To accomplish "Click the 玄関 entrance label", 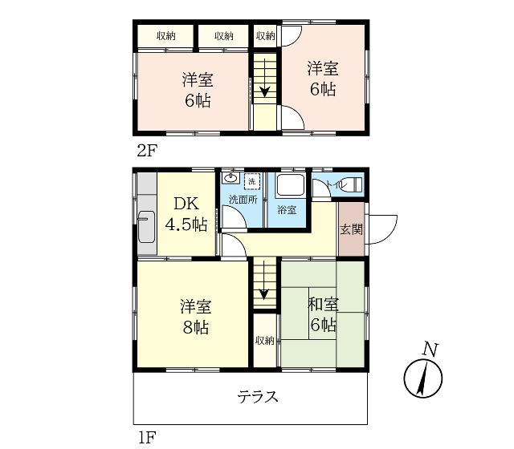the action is pyautogui.click(x=351, y=229).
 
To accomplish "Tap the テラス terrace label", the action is pyautogui.click(x=258, y=397).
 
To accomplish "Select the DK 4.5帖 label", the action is pyautogui.click(x=186, y=214).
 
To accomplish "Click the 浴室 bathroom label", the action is pyautogui.click(x=287, y=210).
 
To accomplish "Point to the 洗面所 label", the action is pyautogui.click(x=243, y=200).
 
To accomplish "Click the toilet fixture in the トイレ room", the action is pyautogui.click(x=354, y=184).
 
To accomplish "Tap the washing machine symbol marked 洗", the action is pyautogui.click(x=251, y=181).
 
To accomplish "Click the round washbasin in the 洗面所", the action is pyautogui.click(x=231, y=178).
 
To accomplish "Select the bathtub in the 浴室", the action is pyautogui.click(x=291, y=185).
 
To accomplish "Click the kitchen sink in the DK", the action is pyautogui.click(x=146, y=227).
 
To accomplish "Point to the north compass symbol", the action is pyautogui.click(x=423, y=378).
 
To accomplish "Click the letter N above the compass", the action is pyautogui.click(x=430, y=350).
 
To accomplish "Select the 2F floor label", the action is pyautogui.click(x=147, y=151).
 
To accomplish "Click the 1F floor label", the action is pyautogui.click(x=146, y=437).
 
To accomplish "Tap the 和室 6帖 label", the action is pyautogui.click(x=323, y=314).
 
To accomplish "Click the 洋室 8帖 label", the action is pyautogui.click(x=196, y=317).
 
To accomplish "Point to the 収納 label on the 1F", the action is pyautogui.click(x=264, y=340).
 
